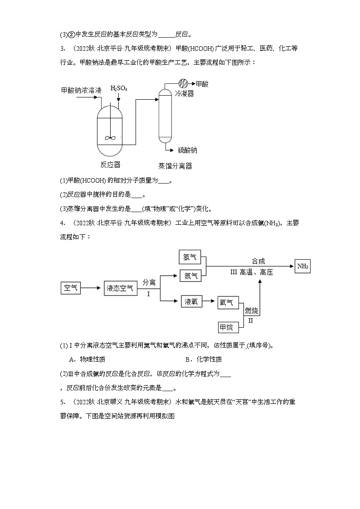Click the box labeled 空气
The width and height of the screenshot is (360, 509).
71,288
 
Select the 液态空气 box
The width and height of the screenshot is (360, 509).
120,288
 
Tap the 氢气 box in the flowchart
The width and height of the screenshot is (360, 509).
190,257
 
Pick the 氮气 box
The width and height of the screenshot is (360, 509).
190,275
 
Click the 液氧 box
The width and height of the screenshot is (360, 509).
191,301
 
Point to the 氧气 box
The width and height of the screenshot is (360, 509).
227,302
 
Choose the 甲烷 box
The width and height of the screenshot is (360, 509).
227,327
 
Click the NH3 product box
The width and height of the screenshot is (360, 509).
302,267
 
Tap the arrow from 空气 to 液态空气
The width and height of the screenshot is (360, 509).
92,288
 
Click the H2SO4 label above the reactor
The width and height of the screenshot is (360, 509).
119,88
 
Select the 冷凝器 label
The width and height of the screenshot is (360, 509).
184,94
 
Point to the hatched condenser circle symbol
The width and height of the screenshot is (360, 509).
184,84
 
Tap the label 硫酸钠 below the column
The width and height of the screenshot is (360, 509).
187,150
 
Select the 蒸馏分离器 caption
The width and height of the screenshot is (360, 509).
175,166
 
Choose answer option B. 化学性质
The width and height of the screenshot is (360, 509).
204,359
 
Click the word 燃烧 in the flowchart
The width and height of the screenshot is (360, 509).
252,310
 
